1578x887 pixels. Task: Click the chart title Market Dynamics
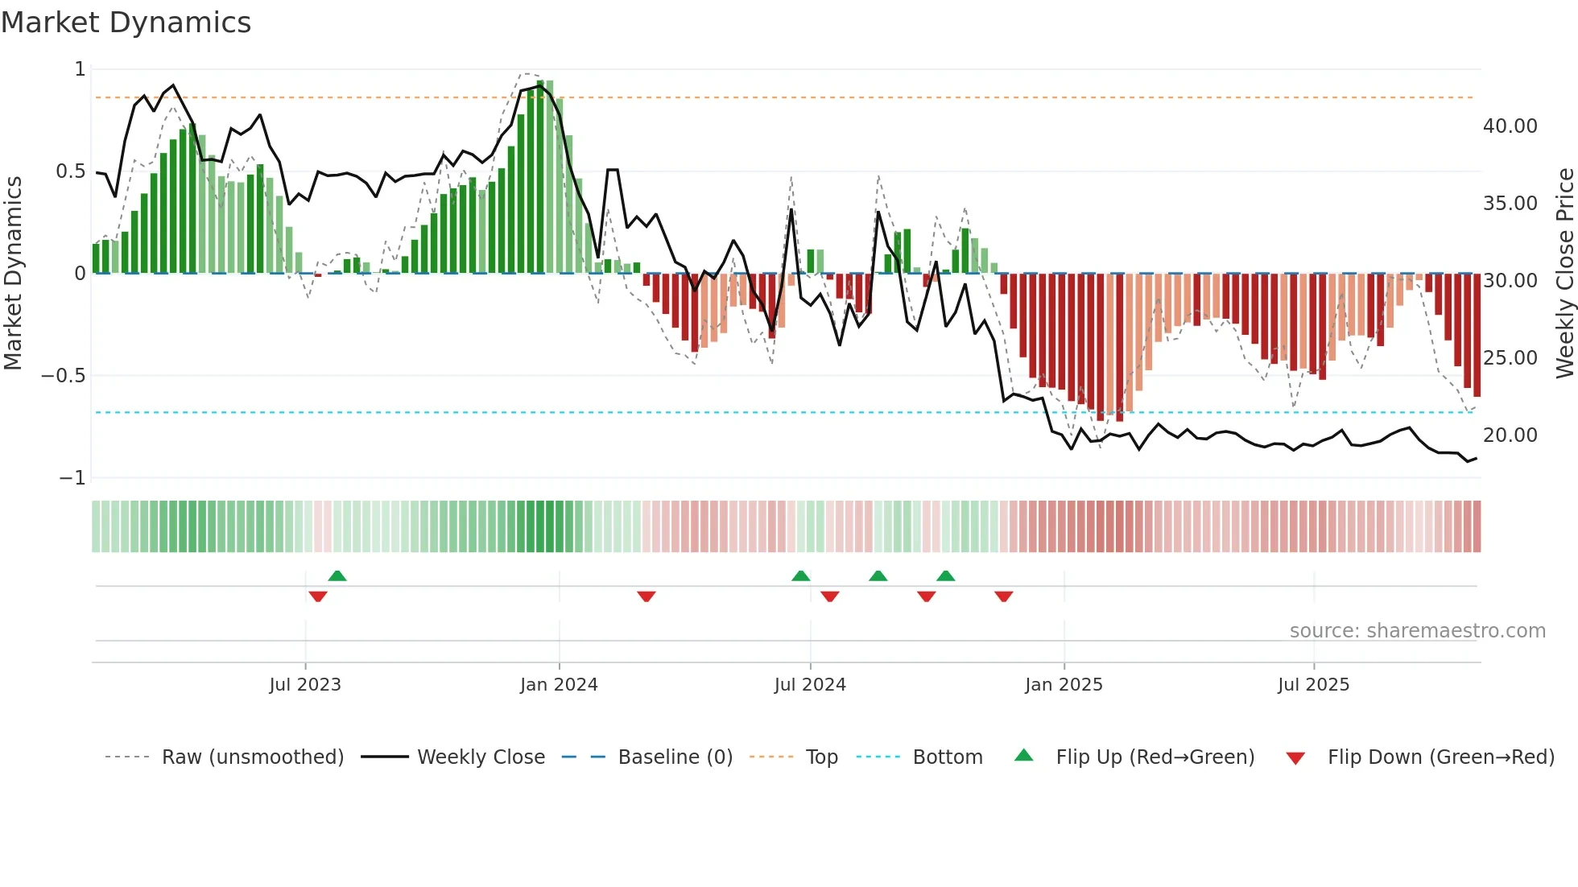[126, 23]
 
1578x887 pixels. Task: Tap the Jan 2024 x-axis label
[559, 685]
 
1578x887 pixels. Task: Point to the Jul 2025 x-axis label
[1313, 685]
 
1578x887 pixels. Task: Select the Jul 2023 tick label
[305, 685]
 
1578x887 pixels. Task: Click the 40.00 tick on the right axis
[1510, 126]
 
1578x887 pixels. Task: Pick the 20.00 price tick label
[1510, 435]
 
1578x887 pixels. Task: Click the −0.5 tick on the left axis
[63, 376]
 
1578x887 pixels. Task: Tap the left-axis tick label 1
[80, 69]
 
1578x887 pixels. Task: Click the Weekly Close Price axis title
[1564, 274]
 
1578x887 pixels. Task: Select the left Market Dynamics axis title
[13, 274]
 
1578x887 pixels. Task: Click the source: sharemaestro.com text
[1417, 631]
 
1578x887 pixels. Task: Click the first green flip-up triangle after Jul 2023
[337, 576]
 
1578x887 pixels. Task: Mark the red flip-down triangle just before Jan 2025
[1003, 596]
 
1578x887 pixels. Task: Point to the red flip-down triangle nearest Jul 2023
[318, 596]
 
